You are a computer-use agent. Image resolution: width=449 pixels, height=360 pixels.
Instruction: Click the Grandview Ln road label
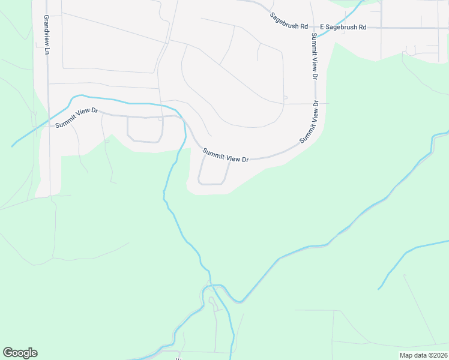tap(46, 35)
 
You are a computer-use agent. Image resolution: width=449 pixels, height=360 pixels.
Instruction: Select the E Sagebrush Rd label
tap(343, 27)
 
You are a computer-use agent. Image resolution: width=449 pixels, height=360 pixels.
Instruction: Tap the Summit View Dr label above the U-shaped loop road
tap(225, 155)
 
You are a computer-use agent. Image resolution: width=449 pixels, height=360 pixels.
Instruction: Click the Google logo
tap(20, 353)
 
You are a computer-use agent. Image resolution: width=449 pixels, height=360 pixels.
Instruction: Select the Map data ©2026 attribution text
tap(423, 355)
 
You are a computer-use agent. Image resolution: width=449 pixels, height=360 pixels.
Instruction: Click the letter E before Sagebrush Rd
tap(322, 27)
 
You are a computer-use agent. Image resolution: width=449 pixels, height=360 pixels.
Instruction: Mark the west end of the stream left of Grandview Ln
tap(13, 146)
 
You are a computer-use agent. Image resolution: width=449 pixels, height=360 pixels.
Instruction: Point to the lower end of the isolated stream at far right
tap(379, 289)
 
